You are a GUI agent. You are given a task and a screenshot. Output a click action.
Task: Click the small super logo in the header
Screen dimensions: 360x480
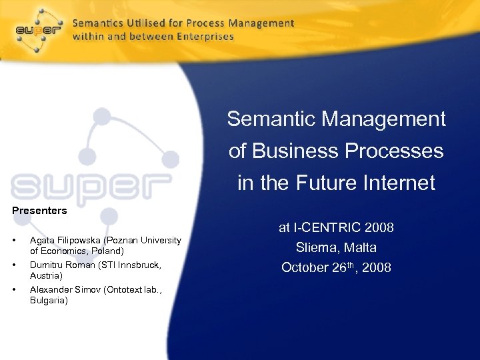click(x=39, y=31)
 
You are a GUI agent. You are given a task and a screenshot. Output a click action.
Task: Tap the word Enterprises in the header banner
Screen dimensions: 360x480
click(x=205, y=37)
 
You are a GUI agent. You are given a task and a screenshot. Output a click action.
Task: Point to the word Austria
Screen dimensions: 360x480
click(x=45, y=275)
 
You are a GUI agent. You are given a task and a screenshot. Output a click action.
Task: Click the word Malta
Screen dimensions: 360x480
click(x=360, y=248)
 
